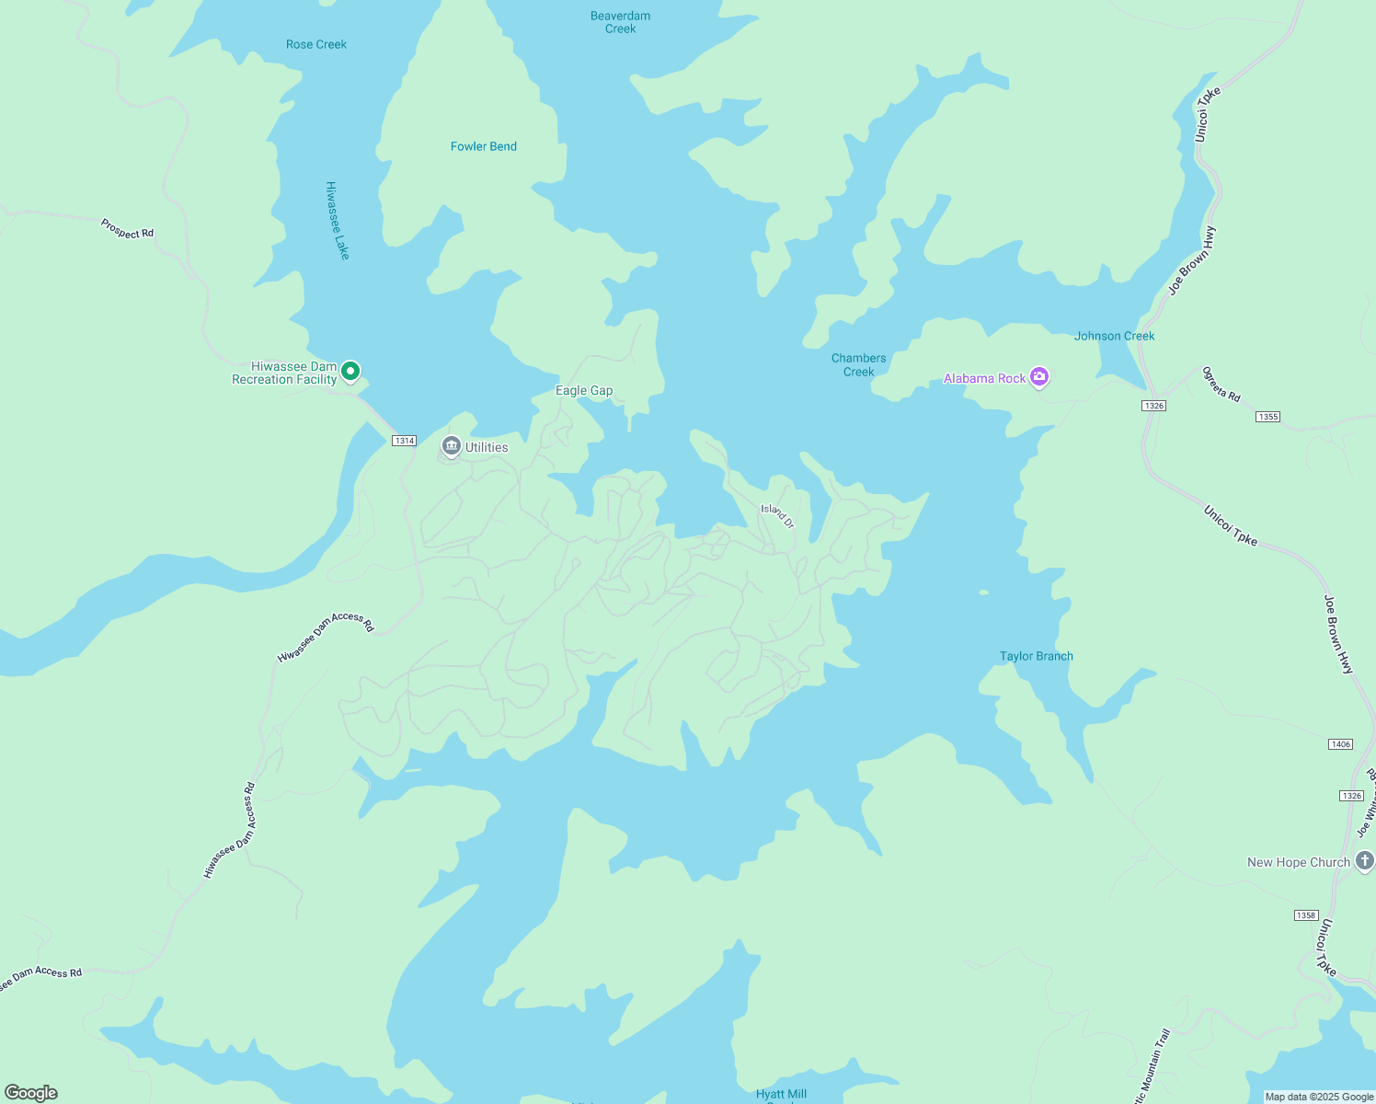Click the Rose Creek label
pos(316,44)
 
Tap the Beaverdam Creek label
pos(620,22)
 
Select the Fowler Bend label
pos(483,146)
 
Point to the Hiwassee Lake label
pos(338,220)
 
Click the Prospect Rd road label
pos(127,229)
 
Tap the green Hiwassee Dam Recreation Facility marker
pos(350,372)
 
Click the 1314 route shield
pos(404,441)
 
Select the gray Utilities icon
pos(451,446)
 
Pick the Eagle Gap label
pos(584,390)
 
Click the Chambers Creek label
pos(858,364)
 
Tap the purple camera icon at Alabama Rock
pos(1039,376)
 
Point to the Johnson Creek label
pos(1114,336)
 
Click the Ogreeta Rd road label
pos(1221,384)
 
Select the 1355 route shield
pos(1267,417)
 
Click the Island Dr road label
pos(777,515)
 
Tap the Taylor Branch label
pos(1036,656)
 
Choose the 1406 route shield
pos(1340,744)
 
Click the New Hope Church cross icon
pos(1365,861)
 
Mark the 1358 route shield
pos(1305,915)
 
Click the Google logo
pos(31,1093)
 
